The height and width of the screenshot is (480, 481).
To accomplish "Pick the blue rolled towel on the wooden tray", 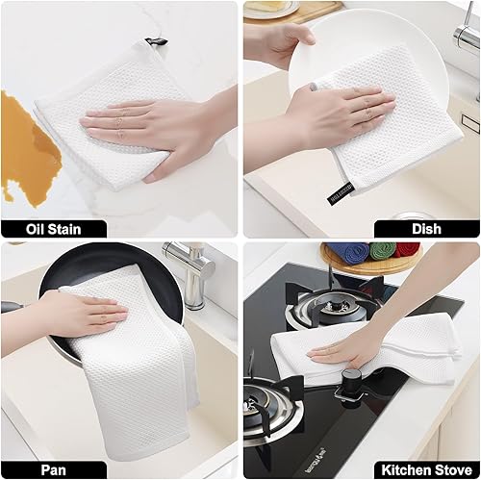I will (348, 252).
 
